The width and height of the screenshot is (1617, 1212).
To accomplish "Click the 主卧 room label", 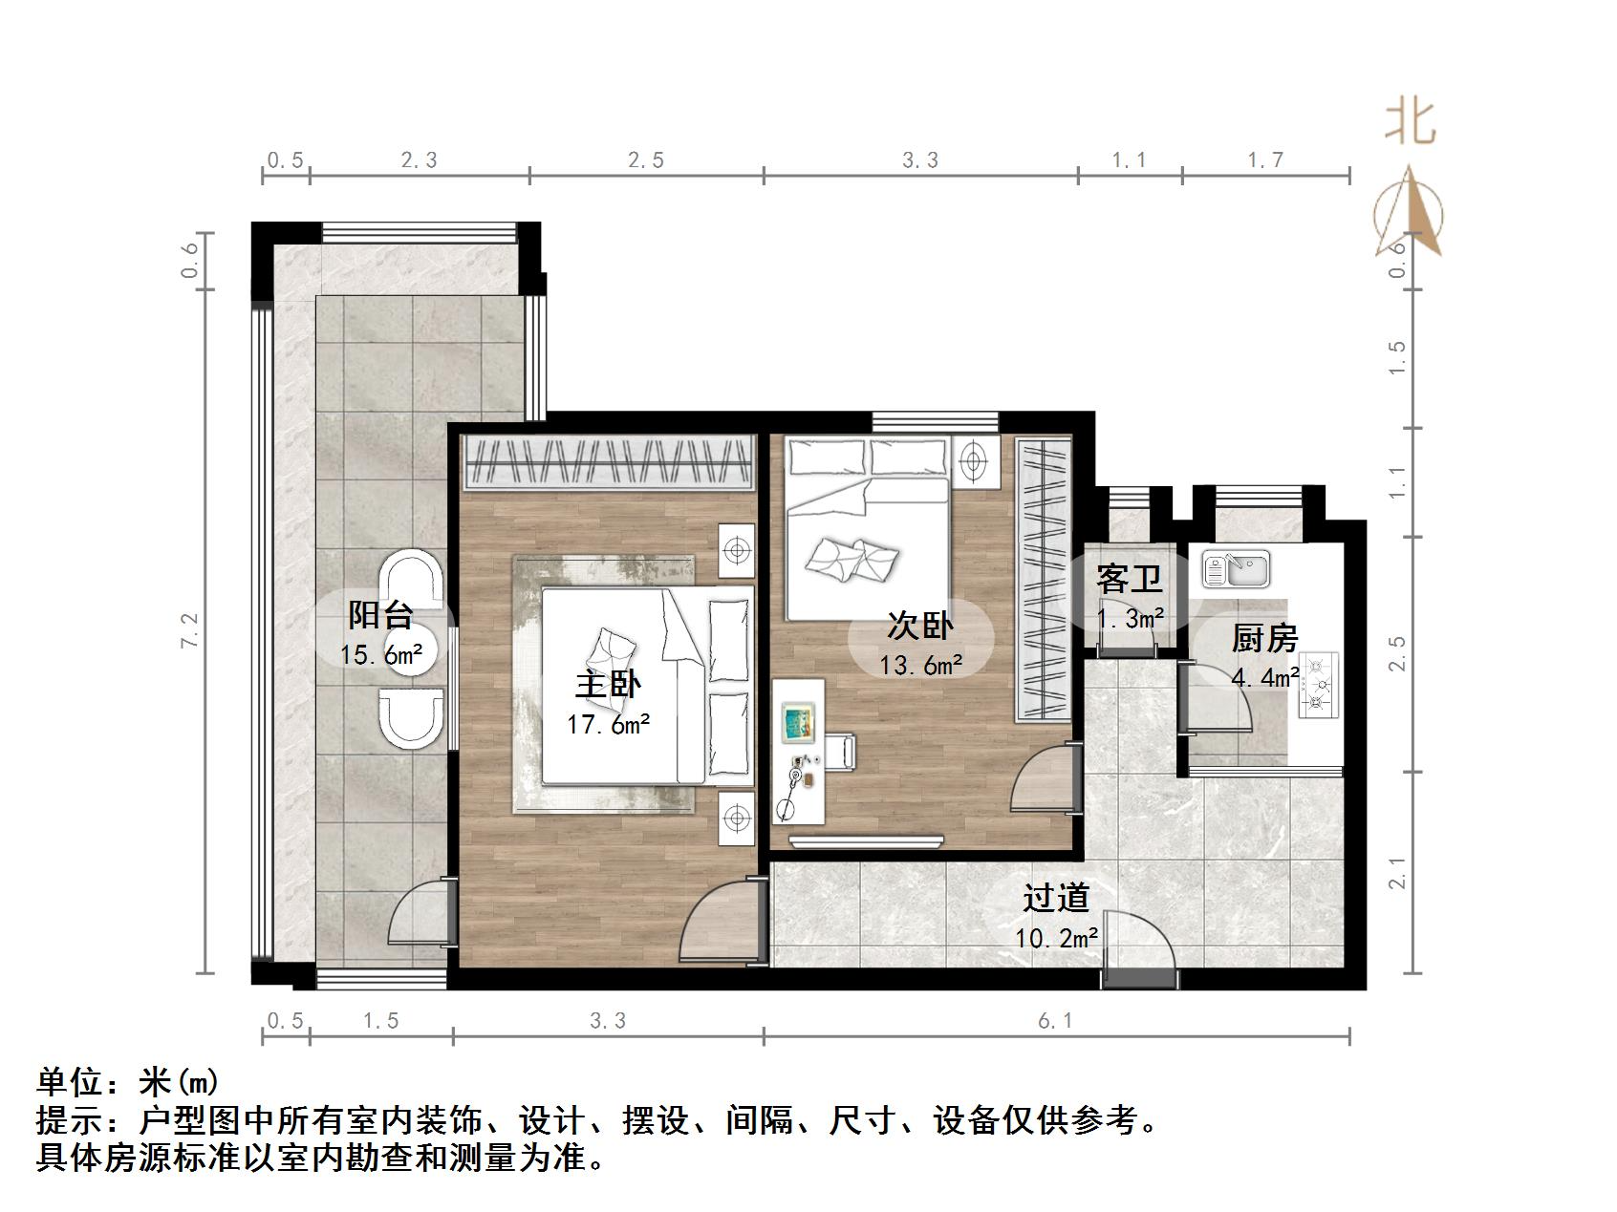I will (x=608, y=685).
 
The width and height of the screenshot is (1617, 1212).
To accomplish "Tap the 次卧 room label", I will (x=920, y=626).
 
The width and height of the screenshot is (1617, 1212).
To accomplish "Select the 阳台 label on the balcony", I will (x=380, y=614).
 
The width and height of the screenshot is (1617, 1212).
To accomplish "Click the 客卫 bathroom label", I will (x=1129, y=579).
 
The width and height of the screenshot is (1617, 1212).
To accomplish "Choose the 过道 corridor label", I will (x=1056, y=898).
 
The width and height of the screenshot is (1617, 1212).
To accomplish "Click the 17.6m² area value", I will (x=609, y=725).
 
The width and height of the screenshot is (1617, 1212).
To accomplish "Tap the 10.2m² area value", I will (x=1056, y=938).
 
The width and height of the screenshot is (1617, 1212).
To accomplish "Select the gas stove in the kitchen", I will (x=1318, y=684).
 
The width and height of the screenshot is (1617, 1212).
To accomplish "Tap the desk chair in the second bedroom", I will (x=844, y=751).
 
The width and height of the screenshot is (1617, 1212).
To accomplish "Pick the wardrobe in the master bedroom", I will (x=608, y=462).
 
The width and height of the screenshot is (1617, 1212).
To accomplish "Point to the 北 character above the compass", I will (x=1411, y=123).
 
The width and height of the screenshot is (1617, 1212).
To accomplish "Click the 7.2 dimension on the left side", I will (x=190, y=632).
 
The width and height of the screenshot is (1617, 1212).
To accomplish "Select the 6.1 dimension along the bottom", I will (x=1056, y=1021).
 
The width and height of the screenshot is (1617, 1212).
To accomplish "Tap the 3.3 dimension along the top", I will (x=920, y=160).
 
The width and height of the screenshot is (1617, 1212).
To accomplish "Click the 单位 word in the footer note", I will (x=68, y=1082).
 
